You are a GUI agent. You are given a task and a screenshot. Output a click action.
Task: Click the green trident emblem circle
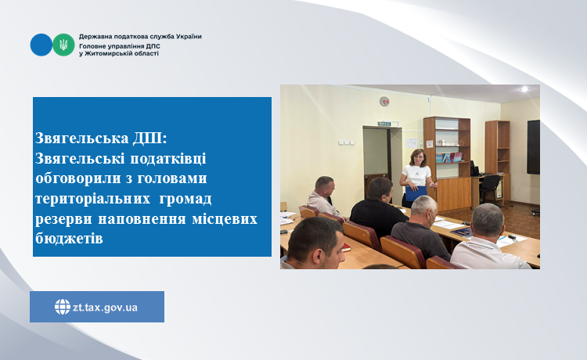pyautogui.click(x=63, y=45)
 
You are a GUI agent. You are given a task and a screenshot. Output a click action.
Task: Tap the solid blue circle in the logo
pyautogui.click(x=41, y=45)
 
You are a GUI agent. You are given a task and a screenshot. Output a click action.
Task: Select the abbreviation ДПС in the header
pyautogui.click(x=153, y=46)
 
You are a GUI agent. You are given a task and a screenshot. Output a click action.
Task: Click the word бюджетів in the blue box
pyautogui.click(x=69, y=239)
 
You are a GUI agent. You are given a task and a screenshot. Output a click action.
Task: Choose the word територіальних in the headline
pyautogui.click(x=93, y=198)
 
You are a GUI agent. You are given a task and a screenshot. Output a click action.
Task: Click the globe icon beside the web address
pyautogui.click(x=63, y=307)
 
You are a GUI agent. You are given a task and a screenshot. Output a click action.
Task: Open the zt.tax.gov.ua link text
pyautogui.click(x=105, y=308)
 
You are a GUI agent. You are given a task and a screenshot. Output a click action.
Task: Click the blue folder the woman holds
pyautogui.click(x=416, y=193)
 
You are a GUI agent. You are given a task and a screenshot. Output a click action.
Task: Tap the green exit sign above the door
pyautogui.click(x=384, y=124)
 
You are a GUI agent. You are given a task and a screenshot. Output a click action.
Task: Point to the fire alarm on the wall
pyautogui.click(x=384, y=101)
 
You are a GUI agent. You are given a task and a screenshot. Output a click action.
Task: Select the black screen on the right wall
pyautogui.click(x=534, y=146)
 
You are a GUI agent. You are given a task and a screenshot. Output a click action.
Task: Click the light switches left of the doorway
pyautogui.click(x=346, y=142)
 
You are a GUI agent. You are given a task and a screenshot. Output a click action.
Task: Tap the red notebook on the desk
pyautogui.click(x=347, y=247)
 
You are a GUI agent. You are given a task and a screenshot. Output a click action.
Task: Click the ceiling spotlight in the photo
pyautogui.click(x=524, y=88)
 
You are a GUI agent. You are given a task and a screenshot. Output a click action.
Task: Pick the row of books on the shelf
pyautogui.click(x=449, y=157)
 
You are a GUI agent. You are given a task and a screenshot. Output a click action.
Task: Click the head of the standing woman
pyautogui.click(x=417, y=157)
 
